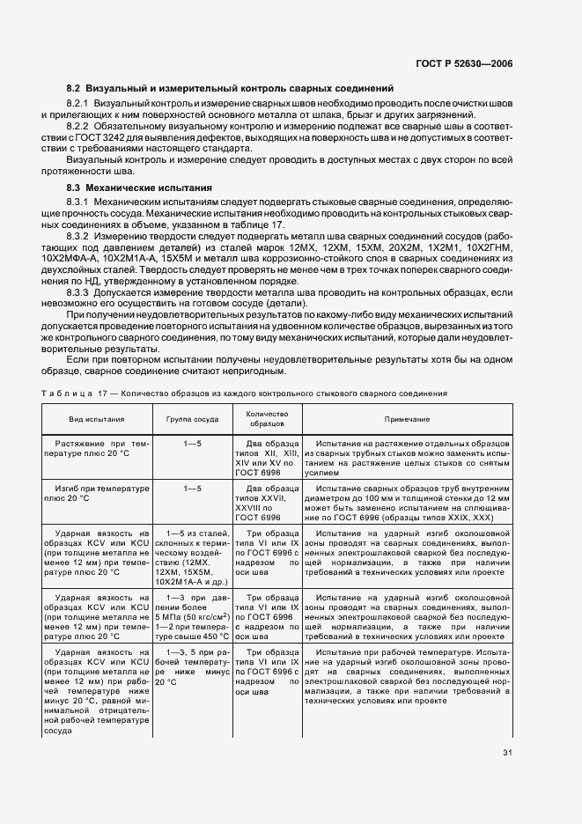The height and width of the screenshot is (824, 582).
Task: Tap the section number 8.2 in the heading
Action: pos(73,89)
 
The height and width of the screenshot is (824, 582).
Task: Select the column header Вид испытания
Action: pos(97,420)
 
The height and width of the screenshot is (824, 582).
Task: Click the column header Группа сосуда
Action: pos(191,420)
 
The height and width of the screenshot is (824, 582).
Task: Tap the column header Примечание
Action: pos(406,420)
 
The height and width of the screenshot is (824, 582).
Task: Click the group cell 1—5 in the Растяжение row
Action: pos(192,443)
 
